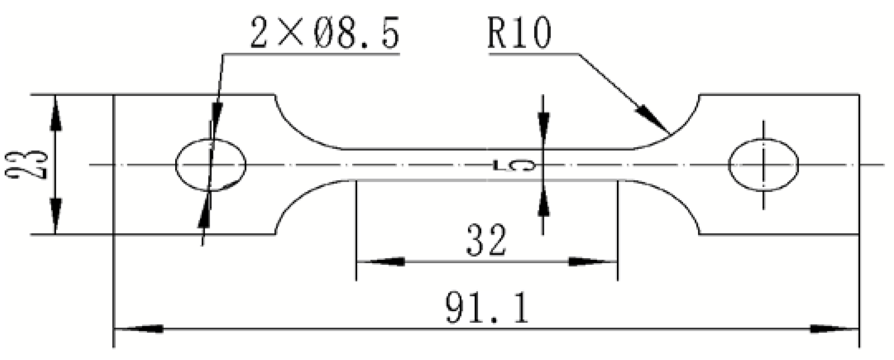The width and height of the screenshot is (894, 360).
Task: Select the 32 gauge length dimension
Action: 486,240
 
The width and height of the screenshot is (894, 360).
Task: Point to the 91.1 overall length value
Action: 487,308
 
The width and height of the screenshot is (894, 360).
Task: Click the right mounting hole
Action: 764,165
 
